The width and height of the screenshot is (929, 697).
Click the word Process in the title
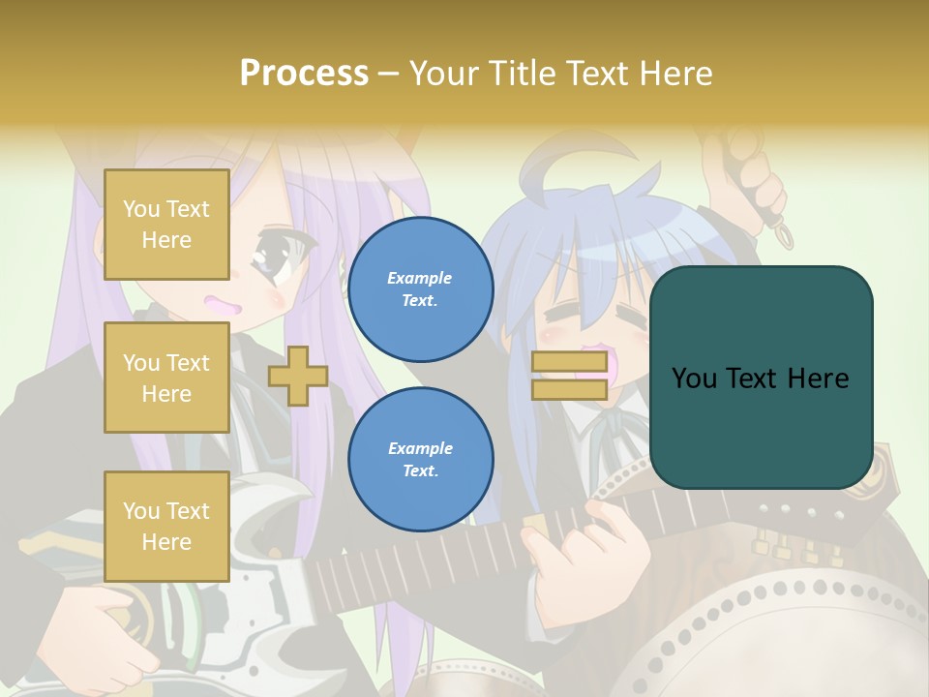[x=304, y=73]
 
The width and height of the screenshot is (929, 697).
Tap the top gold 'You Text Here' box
[x=166, y=225]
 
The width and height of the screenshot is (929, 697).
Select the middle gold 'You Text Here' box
[x=166, y=378]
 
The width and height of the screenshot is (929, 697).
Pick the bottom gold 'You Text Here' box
[x=166, y=527]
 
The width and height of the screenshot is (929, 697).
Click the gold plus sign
[x=297, y=376]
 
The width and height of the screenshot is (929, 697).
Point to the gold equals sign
[x=569, y=376]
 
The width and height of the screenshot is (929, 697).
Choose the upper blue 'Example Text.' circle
[x=420, y=289]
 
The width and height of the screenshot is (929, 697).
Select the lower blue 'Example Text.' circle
[x=420, y=460]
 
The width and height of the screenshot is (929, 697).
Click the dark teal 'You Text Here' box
[x=761, y=378]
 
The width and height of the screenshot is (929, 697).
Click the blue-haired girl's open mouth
[x=592, y=363]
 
